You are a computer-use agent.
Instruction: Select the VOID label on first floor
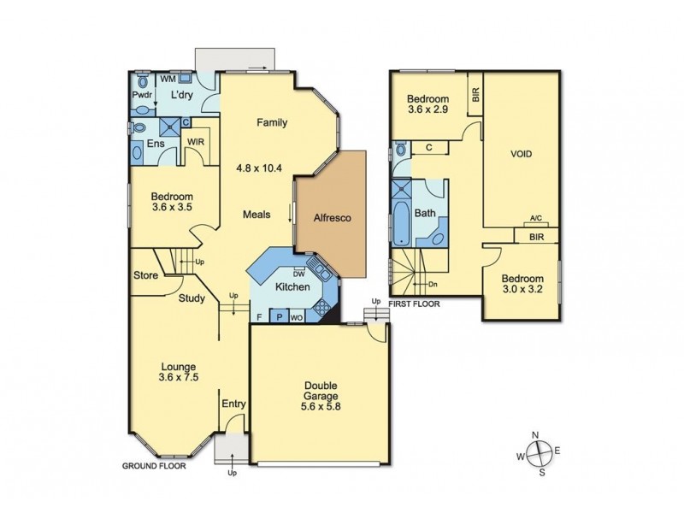pos(521,155)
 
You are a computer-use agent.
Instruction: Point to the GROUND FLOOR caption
pos(153,467)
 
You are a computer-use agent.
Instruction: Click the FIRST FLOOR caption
pos(414,304)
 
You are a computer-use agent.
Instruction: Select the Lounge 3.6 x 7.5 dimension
pos(179,377)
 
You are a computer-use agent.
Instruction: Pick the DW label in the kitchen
pos(299,274)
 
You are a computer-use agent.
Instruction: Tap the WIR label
pos(196,142)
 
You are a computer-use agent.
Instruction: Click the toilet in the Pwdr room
pos(140,95)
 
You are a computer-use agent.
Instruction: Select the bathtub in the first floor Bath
pos(402,215)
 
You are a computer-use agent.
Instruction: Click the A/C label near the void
pos(536,219)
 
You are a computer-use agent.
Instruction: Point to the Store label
pos(144,275)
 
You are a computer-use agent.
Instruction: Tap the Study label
pos(192,298)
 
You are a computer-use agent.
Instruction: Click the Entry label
pos(233,404)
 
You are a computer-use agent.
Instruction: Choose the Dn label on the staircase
pos(433,284)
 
